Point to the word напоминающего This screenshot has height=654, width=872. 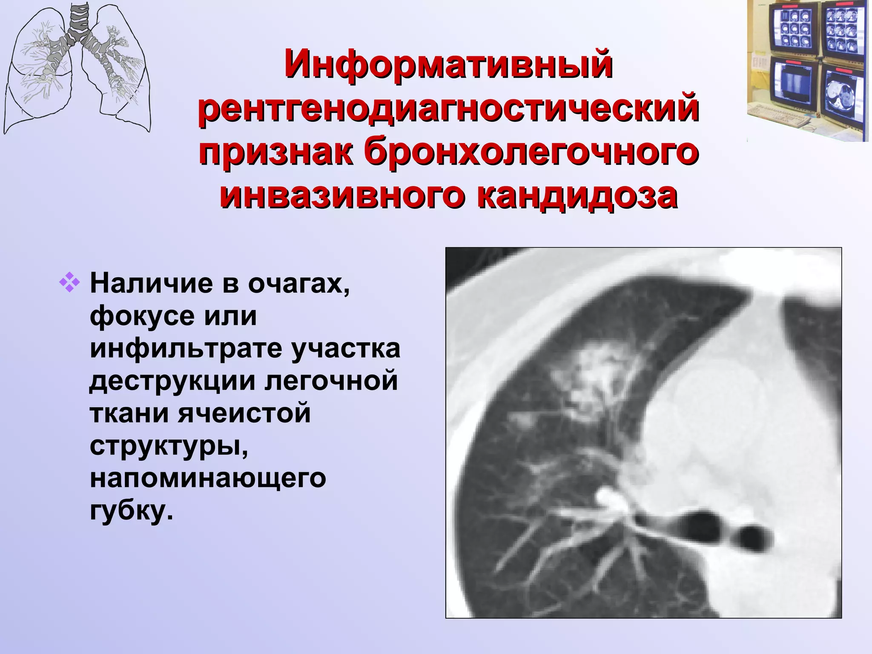208,477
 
